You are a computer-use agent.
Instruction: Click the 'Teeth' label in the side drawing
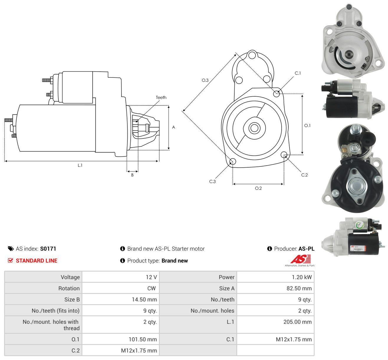coord(161,98)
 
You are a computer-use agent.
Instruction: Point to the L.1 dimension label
coord(80,165)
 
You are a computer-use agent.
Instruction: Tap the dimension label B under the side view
coord(132,175)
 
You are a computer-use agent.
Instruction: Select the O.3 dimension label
coord(205,80)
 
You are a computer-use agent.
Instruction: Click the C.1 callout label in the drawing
coord(297,73)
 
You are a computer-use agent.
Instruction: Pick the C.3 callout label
coord(212,181)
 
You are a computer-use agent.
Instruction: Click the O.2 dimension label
coord(258,188)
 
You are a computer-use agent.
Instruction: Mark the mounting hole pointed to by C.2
coord(284,155)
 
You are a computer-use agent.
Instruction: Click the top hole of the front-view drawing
coord(252,55)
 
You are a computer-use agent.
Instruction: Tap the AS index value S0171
coord(48,249)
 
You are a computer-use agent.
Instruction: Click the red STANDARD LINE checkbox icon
coord(10,261)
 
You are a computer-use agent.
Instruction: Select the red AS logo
coord(300,259)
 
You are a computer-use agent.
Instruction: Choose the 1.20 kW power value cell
coord(275,277)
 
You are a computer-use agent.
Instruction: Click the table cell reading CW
coord(121,288)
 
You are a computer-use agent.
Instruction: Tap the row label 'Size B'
coord(72,300)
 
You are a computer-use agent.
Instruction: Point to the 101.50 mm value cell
coord(121,339)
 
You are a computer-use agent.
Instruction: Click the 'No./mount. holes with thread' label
coord(51,325)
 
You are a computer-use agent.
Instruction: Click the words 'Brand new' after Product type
coord(175,261)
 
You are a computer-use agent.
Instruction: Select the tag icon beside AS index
coord(11,249)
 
